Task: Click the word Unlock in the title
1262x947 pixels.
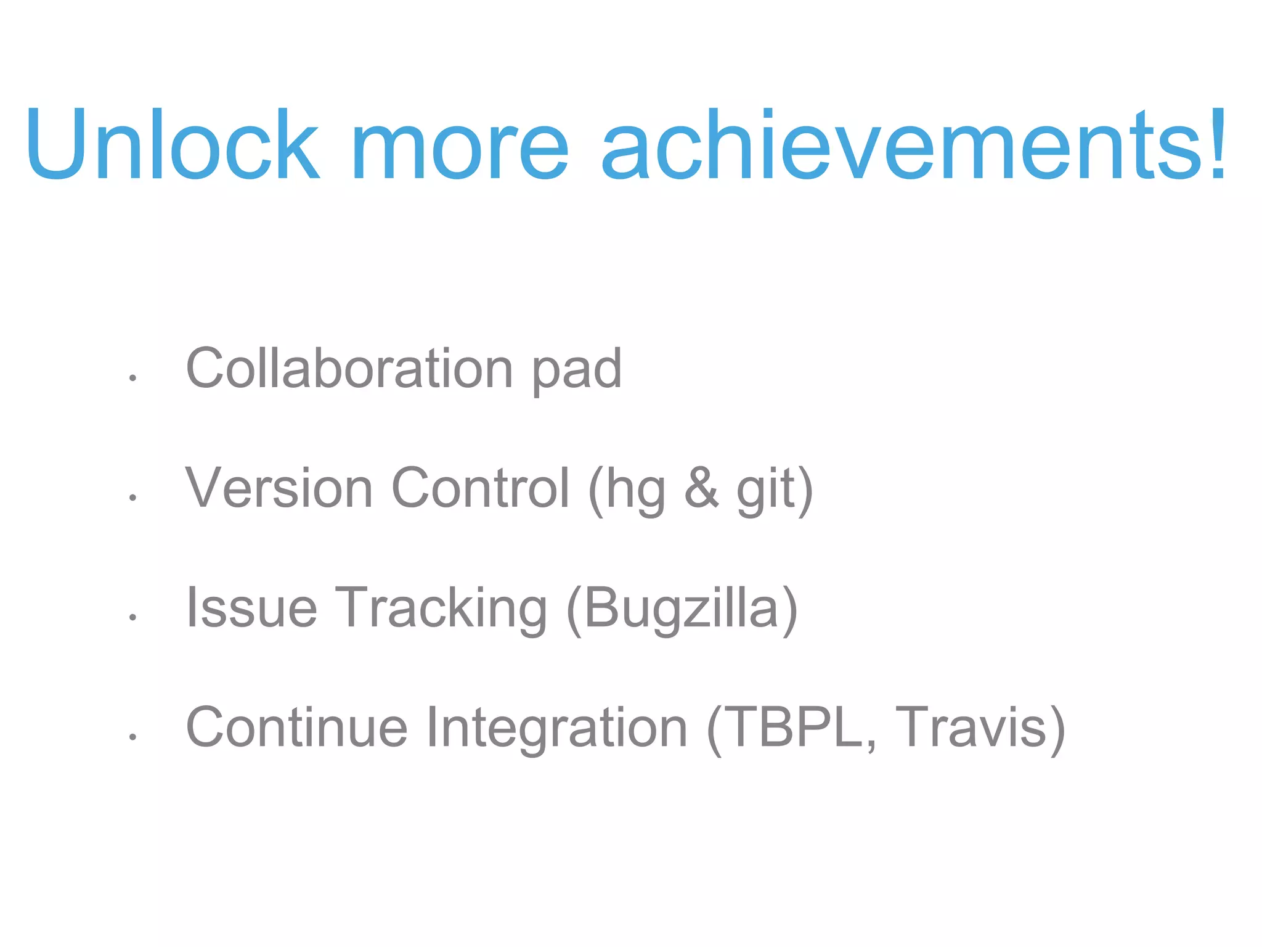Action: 173,145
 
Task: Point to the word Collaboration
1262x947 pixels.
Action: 349,368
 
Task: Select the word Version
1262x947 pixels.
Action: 279,488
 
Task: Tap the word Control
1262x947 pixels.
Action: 481,488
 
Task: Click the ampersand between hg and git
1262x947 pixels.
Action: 701,488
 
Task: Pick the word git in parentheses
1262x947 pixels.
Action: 766,490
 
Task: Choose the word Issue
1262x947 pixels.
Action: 251,608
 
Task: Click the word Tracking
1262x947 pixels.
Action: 441,609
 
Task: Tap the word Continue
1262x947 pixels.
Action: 296,728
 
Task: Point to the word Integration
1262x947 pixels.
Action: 556,729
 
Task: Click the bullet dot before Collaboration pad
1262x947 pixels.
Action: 132,377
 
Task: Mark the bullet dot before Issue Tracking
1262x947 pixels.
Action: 132,617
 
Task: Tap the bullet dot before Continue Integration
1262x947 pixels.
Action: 132,736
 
